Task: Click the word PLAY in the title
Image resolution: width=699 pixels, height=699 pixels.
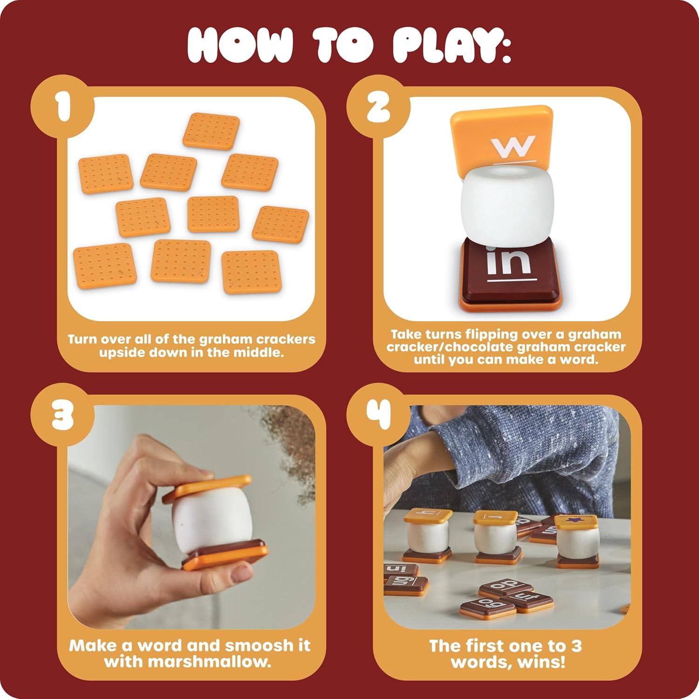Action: click(x=448, y=45)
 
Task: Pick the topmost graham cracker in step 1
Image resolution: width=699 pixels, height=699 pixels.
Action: click(x=211, y=130)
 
